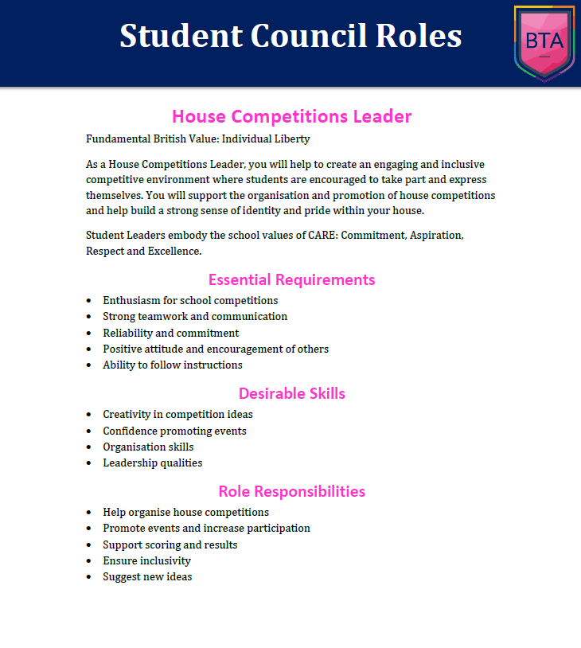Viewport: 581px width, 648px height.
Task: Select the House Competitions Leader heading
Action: (x=291, y=116)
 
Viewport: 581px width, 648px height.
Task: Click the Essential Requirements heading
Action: (x=291, y=279)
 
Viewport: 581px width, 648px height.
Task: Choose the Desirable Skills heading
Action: (x=291, y=393)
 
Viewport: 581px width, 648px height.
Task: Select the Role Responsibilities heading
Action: (x=291, y=491)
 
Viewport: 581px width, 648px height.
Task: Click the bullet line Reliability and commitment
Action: (x=170, y=333)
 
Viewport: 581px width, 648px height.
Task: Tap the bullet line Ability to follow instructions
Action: (x=172, y=365)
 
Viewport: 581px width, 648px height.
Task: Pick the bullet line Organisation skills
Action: (x=148, y=447)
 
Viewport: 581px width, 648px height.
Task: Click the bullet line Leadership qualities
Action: (x=152, y=463)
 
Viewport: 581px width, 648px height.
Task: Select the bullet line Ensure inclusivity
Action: (x=146, y=560)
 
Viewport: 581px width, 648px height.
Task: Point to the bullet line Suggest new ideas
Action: (x=147, y=576)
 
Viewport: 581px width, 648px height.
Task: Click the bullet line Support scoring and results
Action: (x=170, y=545)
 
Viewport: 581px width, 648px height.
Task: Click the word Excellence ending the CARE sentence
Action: (x=175, y=251)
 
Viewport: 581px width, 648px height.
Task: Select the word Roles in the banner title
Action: (x=423, y=36)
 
